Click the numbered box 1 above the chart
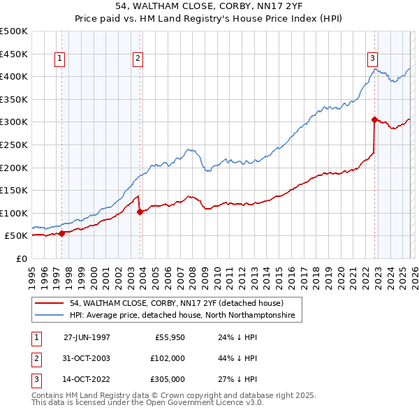60,59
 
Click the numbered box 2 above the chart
138,59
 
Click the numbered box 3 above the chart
373,59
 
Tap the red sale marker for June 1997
62,233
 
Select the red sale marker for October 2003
140,212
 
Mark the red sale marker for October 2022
374,119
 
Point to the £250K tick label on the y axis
14,145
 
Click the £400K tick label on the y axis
14,76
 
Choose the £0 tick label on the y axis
22,258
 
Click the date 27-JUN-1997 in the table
87,337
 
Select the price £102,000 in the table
168,358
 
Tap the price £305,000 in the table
168,380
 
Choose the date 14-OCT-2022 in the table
87,380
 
